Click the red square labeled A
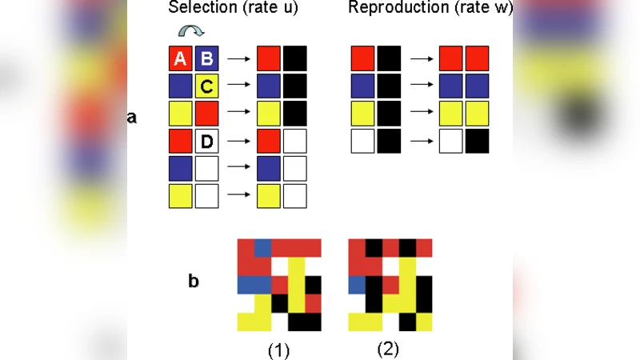click(180, 58)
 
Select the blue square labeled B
click(206, 58)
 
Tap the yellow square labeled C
click(206, 86)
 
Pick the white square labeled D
click(206, 142)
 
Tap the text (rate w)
click(482, 9)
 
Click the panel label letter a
click(132, 118)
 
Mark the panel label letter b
click(194, 282)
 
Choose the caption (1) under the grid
click(278, 350)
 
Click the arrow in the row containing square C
click(238, 86)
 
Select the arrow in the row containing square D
click(238, 142)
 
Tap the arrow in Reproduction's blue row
click(421, 86)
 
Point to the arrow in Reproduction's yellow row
click(421, 114)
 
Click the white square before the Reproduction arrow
click(363, 142)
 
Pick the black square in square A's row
click(294, 58)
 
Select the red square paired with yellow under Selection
click(206, 114)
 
